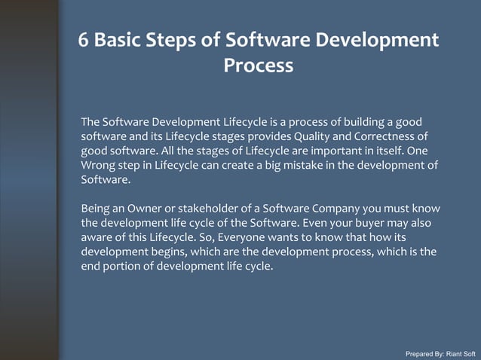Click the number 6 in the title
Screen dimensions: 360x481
pyautogui.click(x=85, y=40)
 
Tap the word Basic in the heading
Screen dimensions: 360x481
pyautogui.click(x=123, y=40)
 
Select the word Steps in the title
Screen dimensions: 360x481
pyautogui.click(x=182, y=40)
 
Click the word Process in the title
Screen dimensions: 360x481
pyautogui.click(x=258, y=66)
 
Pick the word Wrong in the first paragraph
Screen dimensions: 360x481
pyautogui.click(x=97, y=165)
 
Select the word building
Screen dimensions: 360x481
pyautogui.click(x=358, y=122)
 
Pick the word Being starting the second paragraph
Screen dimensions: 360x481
pyautogui.click(x=97, y=208)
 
